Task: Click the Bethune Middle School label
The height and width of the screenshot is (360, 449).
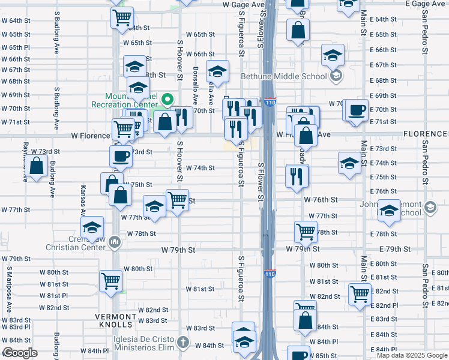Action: pyautogui.click(x=284, y=76)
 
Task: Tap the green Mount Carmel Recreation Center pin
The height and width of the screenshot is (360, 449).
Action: pyautogui.click(x=169, y=100)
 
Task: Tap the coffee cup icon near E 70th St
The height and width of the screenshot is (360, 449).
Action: pyautogui.click(x=357, y=110)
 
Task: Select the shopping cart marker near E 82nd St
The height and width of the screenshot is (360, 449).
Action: pyautogui.click(x=360, y=295)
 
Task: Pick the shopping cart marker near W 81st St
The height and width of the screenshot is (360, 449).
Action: pyautogui.click(x=111, y=280)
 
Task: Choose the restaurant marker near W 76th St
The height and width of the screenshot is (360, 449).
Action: pyautogui.click(x=297, y=176)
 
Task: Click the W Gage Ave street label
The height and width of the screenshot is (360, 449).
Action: pyautogui.click(x=243, y=4)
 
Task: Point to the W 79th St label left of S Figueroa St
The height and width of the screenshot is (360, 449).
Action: pyautogui.click(x=178, y=249)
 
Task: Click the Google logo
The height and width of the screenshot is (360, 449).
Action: pyautogui.click(x=20, y=353)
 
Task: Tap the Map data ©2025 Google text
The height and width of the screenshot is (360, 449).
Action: pyautogui.click(x=412, y=355)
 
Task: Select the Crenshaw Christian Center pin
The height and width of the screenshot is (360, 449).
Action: pyautogui.click(x=116, y=242)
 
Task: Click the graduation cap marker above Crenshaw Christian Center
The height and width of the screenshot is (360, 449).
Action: pyautogui.click(x=92, y=227)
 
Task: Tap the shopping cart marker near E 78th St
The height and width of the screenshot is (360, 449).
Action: pyautogui.click(x=306, y=231)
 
